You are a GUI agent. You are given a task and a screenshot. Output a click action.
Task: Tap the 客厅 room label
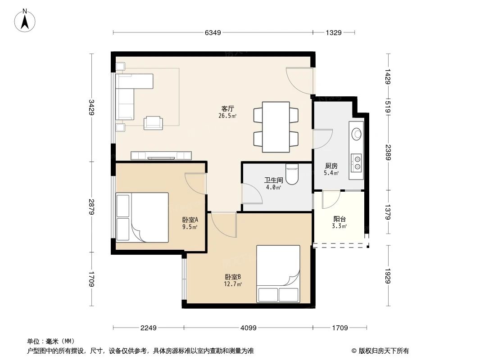coord(227,108)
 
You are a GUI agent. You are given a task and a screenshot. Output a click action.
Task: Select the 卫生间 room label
coord(273,180)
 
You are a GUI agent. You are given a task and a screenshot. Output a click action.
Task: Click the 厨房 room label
coord(331,166)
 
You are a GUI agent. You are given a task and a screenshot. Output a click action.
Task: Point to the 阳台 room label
coord(340,219)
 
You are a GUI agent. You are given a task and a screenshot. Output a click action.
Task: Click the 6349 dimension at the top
coord(213,32)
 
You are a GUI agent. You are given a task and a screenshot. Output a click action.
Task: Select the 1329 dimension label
coord(334,32)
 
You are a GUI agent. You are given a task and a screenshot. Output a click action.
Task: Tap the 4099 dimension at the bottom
coord(249,328)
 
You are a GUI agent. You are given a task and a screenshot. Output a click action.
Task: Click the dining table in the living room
coord(276,127)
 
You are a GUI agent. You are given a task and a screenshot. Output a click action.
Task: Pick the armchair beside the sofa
coord(154,122)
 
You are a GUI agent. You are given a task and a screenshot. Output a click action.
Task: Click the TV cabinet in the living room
coord(161,156)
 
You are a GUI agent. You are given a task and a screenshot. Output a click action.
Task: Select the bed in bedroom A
coord(142,217)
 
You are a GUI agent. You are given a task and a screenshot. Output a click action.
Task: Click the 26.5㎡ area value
coord(227,115)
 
